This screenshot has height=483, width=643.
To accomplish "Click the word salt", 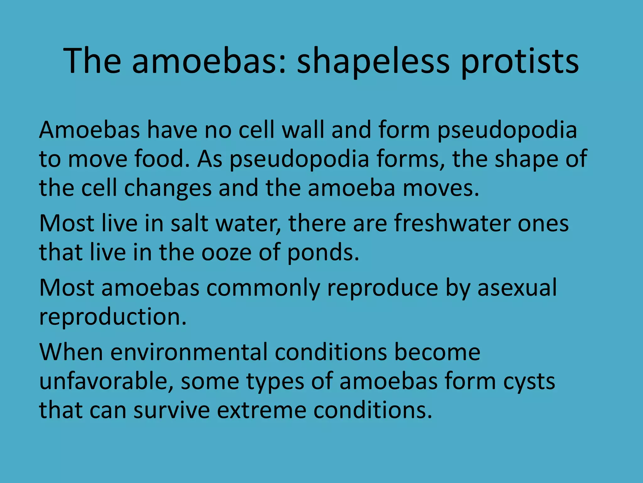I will click(x=189, y=223).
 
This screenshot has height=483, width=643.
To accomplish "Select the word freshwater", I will click(x=452, y=223).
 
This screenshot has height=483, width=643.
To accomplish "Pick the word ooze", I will click(x=226, y=252).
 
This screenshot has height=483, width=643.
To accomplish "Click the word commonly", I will click(x=263, y=288).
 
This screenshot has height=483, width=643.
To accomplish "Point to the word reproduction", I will click(x=113, y=317).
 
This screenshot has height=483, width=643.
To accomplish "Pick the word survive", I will click(x=171, y=410).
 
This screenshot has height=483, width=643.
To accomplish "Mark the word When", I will click(x=71, y=352).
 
